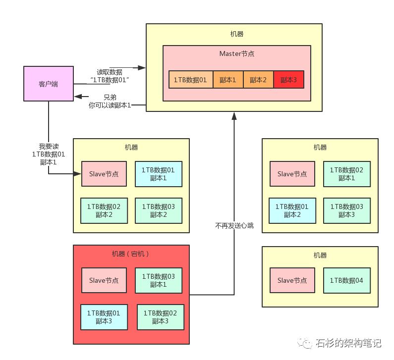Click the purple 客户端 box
click(x=48, y=84)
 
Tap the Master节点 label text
click(x=236, y=53)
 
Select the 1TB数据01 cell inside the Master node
click(x=190, y=80)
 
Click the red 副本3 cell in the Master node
click(x=288, y=80)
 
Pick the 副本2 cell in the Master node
click(x=258, y=80)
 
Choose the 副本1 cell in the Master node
click(x=228, y=80)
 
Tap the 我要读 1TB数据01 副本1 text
click(x=48, y=154)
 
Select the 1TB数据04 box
click(x=346, y=280)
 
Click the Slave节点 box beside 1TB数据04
click(x=292, y=280)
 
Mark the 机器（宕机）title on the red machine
click(x=131, y=254)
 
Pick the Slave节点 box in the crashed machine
click(x=104, y=280)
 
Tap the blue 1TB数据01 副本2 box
click(x=291, y=210)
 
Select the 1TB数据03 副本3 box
click(x=346, y=210)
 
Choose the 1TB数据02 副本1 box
click(x=346, y=174)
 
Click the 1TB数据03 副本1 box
click(x=158, y=280)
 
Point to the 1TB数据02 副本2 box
click(x=103, y=210)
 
